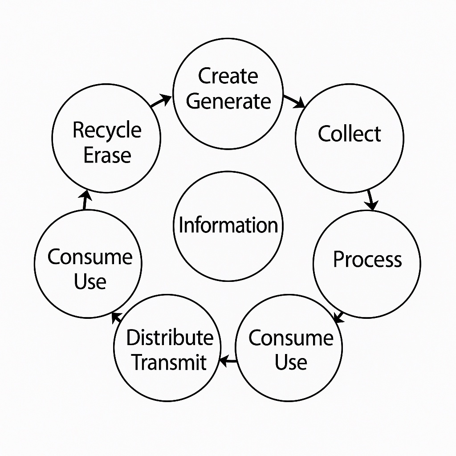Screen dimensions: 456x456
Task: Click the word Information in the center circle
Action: (x=228, y=225)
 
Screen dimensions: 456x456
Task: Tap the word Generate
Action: (x=228, y=101)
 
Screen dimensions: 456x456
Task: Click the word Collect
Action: (x=350, y=134)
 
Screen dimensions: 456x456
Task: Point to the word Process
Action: (x=367, y=259)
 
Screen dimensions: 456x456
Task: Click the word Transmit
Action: (x=170, y=362)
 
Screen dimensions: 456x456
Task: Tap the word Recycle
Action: (x=107, y=130)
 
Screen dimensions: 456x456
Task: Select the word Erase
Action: (x=107, y=155)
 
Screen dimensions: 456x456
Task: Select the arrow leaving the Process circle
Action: (x=339, y=317)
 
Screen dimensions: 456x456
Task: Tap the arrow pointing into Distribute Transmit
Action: (x=228, y=361)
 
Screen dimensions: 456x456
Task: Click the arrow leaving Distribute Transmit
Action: (x=117, y=317)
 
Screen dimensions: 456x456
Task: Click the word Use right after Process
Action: (x=291, y=362)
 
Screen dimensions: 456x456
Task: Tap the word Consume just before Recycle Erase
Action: (x=90, y=257)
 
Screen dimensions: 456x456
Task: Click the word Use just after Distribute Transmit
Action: (x=90, y=281)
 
